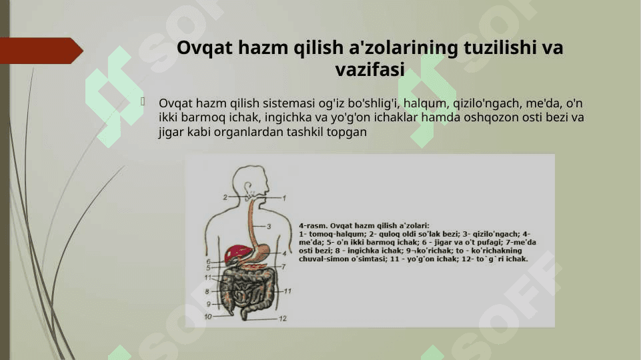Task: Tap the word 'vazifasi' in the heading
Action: [x=370, y=69]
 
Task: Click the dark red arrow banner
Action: [x=41, y=51]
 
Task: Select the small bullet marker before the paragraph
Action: [x=143, y=101]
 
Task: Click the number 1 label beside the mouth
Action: [x=284, y=198]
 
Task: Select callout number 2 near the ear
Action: [x=225, y=197]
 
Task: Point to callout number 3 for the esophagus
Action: [x=269, y=226]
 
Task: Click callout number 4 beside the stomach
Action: [x=284, y=253]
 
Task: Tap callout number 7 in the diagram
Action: [x=283, y=267]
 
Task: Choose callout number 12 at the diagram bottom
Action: [x=283, y=318]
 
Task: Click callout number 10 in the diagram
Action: [x=207, y=316]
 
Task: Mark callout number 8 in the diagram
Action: [x=207, y=291]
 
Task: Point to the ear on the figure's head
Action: [x=247, y=189]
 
